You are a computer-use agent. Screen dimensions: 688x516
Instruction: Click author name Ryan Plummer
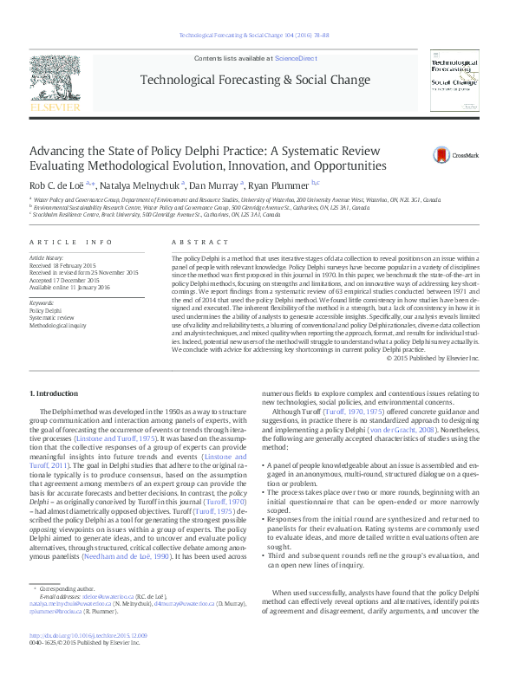click(278, 185)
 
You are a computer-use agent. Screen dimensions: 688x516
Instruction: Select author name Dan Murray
click(212, 185)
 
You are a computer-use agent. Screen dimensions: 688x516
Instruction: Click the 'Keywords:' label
click(42, 302)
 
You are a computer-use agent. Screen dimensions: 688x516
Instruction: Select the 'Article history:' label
click(47, 258)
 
